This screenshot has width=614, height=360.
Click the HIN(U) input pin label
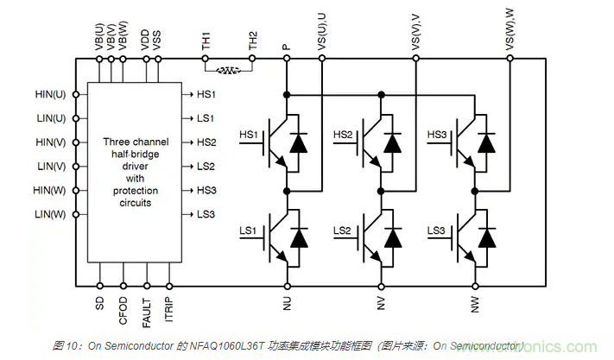[51, 94]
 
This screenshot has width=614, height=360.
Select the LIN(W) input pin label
[51, 214]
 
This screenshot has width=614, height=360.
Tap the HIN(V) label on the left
[51, 142]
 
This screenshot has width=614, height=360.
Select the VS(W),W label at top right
[509, 30]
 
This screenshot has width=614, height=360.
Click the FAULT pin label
[147, 310]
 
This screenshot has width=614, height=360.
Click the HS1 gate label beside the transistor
[249, 135]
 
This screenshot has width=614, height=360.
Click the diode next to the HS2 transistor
[392, 143]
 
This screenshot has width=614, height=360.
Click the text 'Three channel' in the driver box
[136, 142]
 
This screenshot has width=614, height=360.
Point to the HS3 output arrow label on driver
[206, 190]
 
